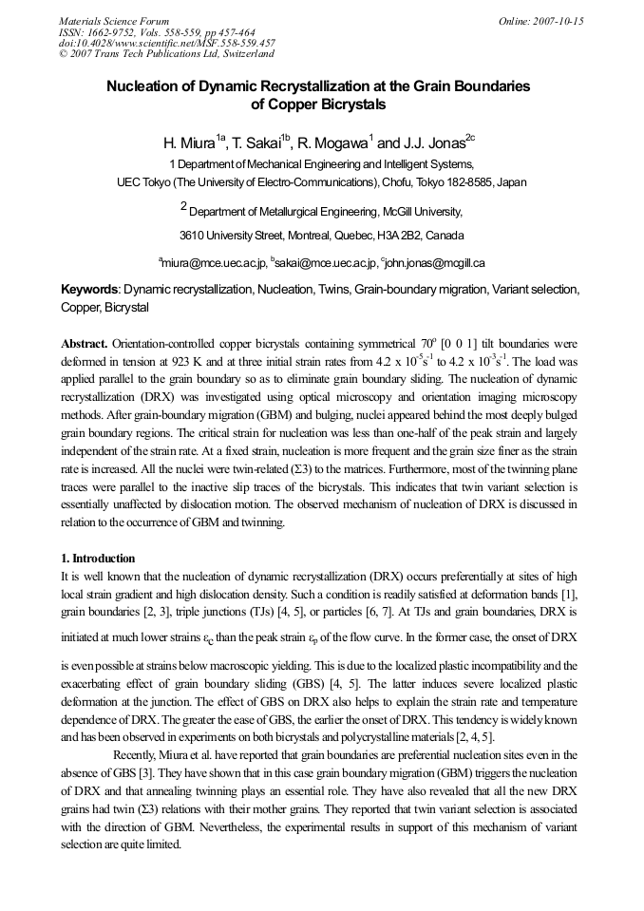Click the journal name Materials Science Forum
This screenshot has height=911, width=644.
pyautogui.click(x=114, y=21)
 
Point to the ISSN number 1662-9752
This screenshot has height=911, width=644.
pyautogui.click(x=108, y=31)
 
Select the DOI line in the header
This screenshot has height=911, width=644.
pyautogui.click(x=167, y=43)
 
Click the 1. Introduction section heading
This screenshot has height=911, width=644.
pyautogui.click(x=98, y=558)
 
